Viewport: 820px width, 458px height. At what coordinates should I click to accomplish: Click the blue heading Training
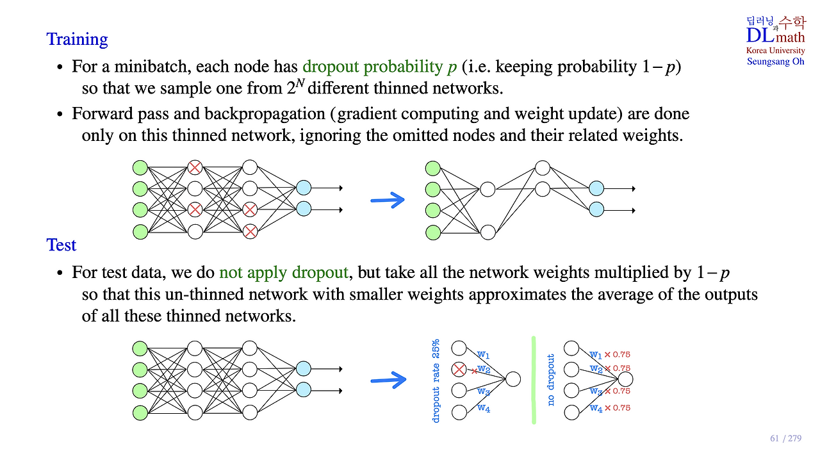77,39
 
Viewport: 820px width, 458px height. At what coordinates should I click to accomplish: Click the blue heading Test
61,245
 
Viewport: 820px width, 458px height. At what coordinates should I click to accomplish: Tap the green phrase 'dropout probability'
373,67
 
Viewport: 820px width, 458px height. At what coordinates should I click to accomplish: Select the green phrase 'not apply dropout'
283,272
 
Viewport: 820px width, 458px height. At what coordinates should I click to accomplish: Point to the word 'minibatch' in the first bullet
154,67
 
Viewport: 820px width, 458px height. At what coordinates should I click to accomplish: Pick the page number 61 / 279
785,439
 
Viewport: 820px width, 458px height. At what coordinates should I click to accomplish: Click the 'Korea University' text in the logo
775,51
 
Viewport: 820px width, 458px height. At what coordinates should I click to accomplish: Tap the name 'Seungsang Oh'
775,61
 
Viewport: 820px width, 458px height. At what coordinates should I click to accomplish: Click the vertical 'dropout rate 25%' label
436,381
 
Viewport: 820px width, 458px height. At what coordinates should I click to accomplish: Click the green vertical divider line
534,380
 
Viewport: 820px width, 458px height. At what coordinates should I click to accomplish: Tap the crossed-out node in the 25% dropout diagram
459,370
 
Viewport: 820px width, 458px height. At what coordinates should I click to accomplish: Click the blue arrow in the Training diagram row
388,200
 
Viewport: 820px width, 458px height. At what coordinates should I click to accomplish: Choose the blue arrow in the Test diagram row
388,380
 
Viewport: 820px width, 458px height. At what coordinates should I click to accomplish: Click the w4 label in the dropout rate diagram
484,409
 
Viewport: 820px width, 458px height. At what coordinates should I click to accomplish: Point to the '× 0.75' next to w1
618,354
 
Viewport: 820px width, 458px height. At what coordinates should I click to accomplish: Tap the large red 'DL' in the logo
760,36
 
